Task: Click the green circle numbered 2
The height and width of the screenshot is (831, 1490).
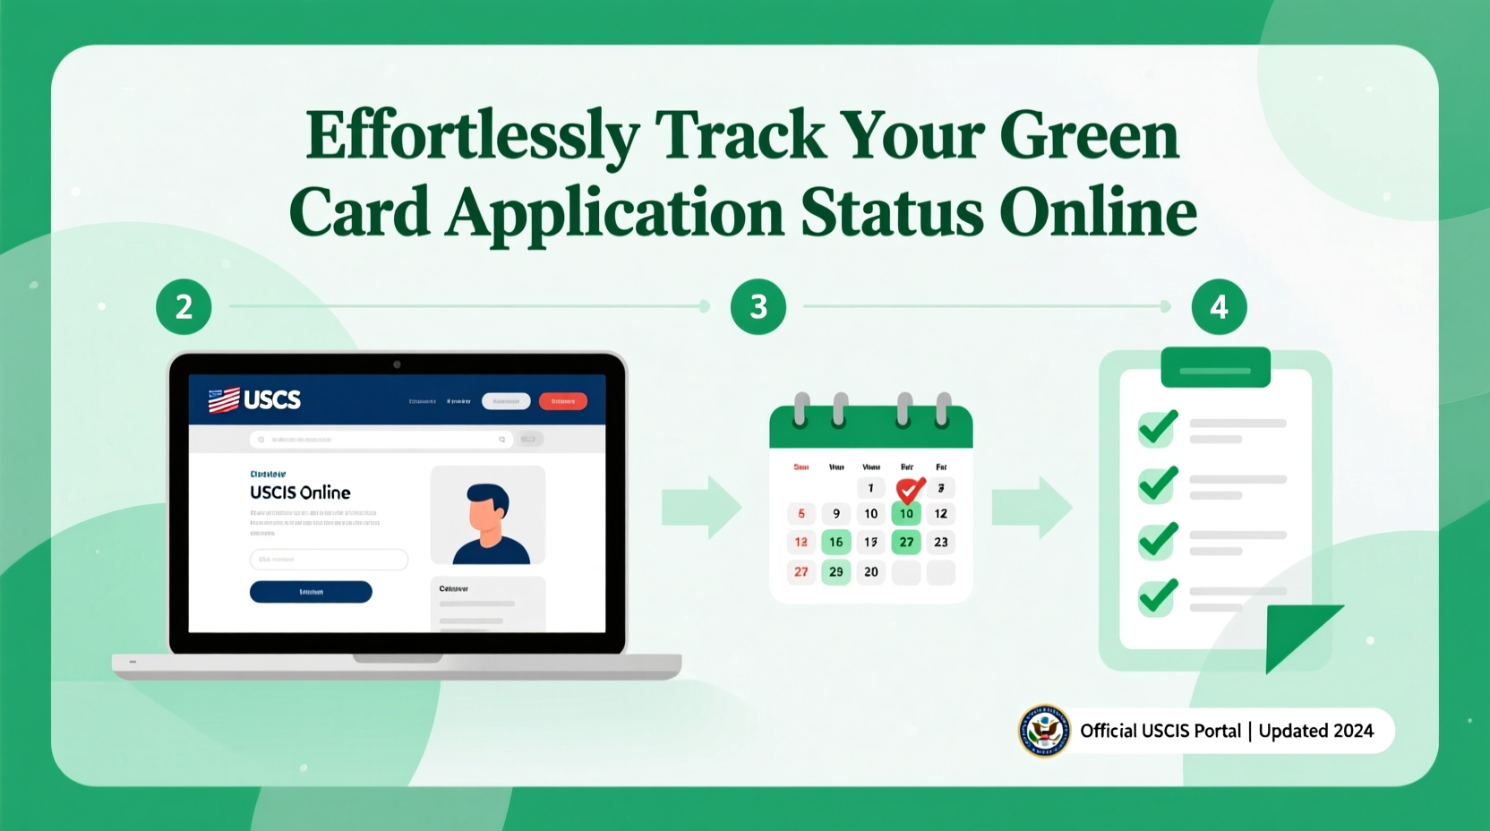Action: [x=184, y=307]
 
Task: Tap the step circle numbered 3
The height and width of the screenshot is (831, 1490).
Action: [x=758, y=307]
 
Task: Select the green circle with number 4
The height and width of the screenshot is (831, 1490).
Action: [x=1219, y=307]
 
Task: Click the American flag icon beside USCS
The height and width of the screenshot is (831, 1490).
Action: [x=224, y=399]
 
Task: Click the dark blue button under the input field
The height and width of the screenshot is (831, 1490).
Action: [x=311, y=592]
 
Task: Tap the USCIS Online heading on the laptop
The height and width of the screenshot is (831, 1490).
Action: [x=300, y=493]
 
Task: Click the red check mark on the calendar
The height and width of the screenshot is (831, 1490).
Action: [x=910, y=488]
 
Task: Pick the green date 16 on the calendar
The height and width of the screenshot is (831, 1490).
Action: [x=835, y=542]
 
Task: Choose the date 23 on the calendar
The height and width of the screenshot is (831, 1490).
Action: [x=940, y=542]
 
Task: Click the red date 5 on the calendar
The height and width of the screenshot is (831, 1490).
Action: [x=801, y=514]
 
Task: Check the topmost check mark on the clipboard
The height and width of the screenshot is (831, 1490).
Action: [x=1158, y=427]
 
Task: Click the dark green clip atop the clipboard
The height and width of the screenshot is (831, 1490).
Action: [x=1215, y=367]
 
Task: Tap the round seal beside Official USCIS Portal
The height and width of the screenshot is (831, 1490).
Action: [x=1044, y=731]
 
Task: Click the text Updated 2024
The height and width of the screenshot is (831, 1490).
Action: [x=1315, y=731]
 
